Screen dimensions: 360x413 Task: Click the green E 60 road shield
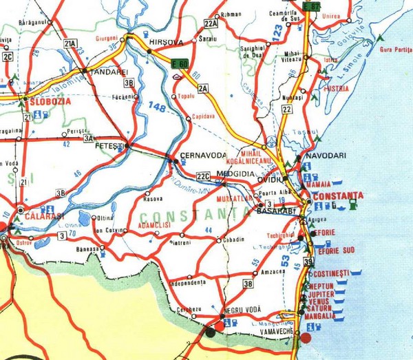point(180,64)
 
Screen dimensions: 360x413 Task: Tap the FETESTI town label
point(109,148)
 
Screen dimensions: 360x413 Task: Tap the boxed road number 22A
point(211,24)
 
